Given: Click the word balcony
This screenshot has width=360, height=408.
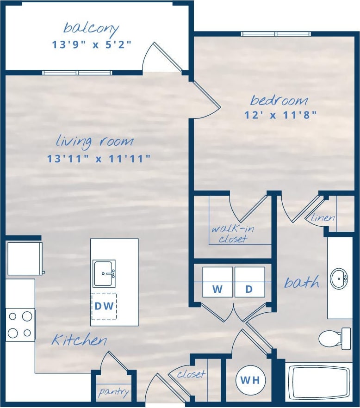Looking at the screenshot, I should point(91,28).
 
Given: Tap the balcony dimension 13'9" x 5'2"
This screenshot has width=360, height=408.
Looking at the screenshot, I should point(92,45).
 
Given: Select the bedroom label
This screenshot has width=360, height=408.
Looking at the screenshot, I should point(279,100).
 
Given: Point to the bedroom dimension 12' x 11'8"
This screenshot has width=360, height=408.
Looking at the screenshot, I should point(280,115).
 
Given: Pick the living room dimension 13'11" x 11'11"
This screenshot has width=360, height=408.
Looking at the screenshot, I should point(99,159).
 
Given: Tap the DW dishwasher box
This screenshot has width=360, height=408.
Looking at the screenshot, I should point(104,306).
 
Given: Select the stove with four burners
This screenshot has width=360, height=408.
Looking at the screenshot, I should point(20,324).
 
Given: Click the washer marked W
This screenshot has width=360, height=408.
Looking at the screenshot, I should point(217,282).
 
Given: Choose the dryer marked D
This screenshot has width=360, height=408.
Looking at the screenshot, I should point(249,282).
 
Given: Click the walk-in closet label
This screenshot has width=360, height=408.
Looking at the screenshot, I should point(233,234).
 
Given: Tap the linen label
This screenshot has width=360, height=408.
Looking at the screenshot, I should point(323,217).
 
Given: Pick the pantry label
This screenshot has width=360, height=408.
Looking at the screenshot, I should point(113,392).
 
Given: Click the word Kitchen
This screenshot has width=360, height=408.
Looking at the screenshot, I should point(79,340).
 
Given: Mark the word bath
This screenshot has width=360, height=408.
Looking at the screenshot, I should point(301,282).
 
